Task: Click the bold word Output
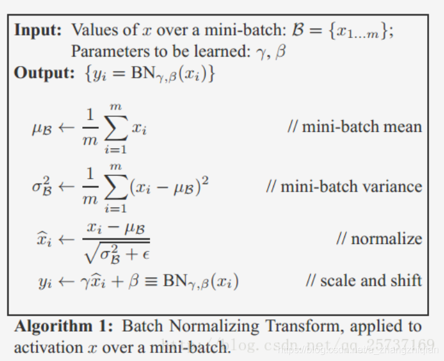(x=44, y=73)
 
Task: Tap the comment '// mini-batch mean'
(x=354, y=127)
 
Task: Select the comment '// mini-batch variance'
(x=344, y=186)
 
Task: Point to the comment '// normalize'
(x=379, y=238)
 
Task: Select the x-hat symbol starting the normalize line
(x=44, y=240)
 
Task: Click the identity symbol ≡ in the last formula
(x=151, y=281)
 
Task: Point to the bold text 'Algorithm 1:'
(x=65, y=326)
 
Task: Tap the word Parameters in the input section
(x=105, y=51)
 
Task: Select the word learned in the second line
(x=219, y=51)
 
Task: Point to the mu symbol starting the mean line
(x=42, y=129)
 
